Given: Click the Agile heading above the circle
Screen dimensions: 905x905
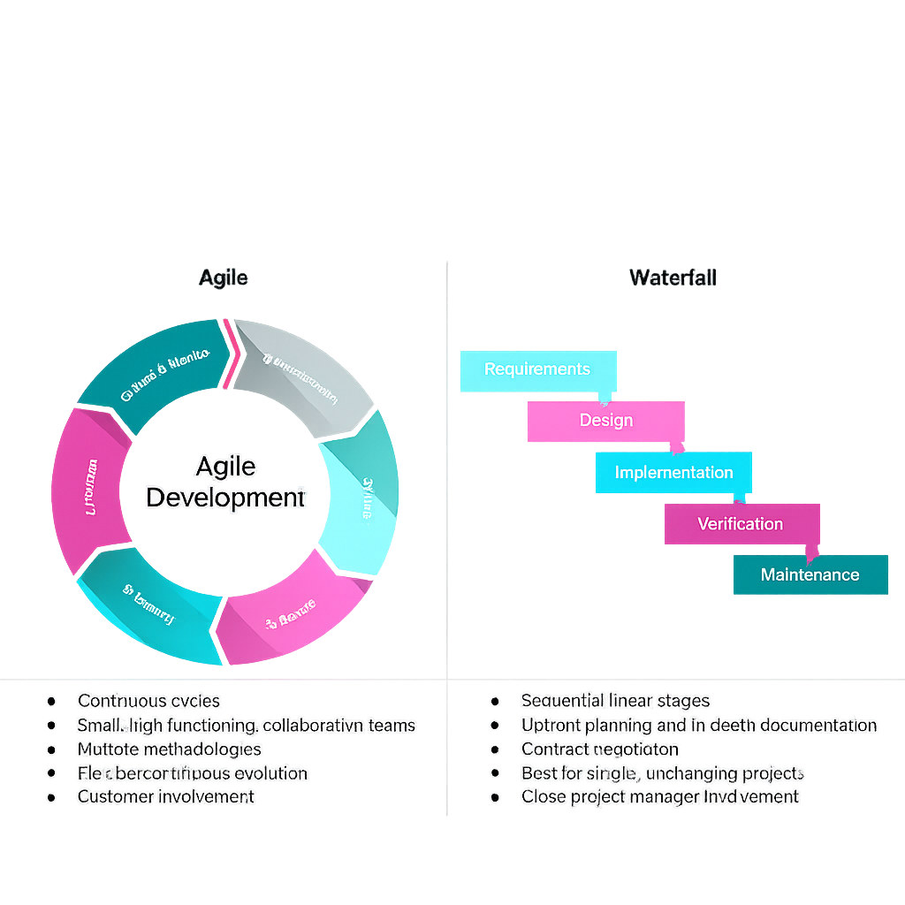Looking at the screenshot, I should click(223, 278).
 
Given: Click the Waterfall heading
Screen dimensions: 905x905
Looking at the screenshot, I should click(673, 278).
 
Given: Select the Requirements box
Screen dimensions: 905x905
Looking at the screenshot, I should click(537, 369).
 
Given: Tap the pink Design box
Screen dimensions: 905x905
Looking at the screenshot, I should click(606, 421).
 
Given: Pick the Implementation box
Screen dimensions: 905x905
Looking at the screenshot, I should click(673, 473).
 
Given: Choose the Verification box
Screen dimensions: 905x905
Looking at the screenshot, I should click(741, 524).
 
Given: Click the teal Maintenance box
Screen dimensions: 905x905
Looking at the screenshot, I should click(810, 574).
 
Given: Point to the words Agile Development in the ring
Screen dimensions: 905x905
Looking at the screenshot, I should click(224, 482).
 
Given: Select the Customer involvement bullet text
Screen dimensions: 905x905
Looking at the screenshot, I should click(166, 796).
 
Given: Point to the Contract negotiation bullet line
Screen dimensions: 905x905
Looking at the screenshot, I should click(600, 749).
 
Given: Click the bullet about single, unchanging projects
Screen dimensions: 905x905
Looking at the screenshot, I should click(662, 773).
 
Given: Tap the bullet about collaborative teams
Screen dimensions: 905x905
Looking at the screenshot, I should click(246, 726).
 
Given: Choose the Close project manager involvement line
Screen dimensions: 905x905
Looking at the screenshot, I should click(659, 796).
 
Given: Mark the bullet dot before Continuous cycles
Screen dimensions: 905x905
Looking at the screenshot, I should click(52, 701).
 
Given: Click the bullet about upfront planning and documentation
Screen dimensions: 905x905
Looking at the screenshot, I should click(698, 726).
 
